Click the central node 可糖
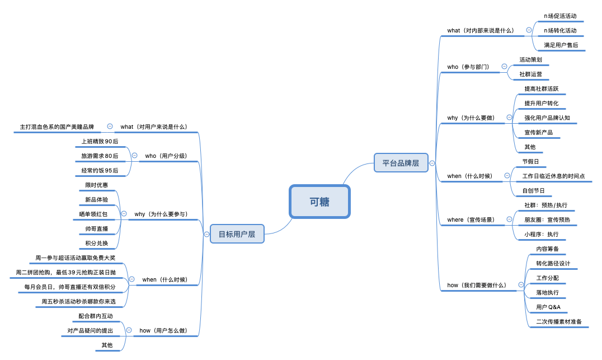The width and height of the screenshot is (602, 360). coord(319,202)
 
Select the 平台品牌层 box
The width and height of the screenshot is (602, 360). coord(401,163)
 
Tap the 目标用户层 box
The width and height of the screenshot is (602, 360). coord(237,234)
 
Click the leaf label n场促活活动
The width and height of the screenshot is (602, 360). coord(560,16)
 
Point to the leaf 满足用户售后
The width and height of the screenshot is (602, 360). coord(561,45)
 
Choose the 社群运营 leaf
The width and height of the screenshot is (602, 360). coord(530,74)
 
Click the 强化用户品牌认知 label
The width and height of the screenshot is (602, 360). coord(547,118)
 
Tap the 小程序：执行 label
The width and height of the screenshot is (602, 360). coord(541,234)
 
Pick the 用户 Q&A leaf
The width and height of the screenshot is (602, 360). coord(548,307)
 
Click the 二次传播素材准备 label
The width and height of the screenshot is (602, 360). coord(559,322)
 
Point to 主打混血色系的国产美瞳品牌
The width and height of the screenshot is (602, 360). coord(57,127)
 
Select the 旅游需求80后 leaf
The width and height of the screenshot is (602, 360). coord(100,156)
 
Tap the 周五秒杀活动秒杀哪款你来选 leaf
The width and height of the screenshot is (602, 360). coord(79,301)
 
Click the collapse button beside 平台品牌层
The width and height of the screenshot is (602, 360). coord(432,163)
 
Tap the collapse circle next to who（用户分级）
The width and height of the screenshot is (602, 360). coord(134,156)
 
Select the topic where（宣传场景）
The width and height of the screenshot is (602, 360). coord(471,219)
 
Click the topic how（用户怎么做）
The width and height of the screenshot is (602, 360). coord(163,330)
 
